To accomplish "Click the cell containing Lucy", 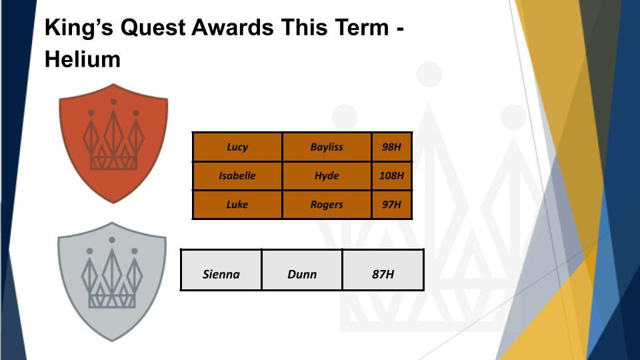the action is (x=237, y=147).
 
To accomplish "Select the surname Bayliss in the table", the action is (x=327, y=147).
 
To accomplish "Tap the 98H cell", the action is (x=391, y=147).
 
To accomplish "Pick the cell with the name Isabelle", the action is (x=237, y=176).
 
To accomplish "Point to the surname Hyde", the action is (x=327, y=176).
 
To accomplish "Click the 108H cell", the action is (x=391, y=176).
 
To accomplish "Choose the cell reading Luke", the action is (x=237, y=205).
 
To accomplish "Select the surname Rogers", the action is (x=327, y=205).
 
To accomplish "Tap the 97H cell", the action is (x=391, y=205).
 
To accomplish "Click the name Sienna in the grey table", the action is (x=221, y=274).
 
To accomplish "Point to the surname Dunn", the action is (x=302, y=274).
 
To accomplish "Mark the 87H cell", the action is (x=383, y=270).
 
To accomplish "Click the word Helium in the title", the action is (x=83, y=59).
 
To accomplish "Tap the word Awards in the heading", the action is (x=233, y=28).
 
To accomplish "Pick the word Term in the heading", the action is (x=361, y=28).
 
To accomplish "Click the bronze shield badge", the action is (x=113, y=143).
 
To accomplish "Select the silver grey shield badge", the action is (x=112, y=281).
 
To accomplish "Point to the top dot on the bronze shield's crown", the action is (x=113, y=101).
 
